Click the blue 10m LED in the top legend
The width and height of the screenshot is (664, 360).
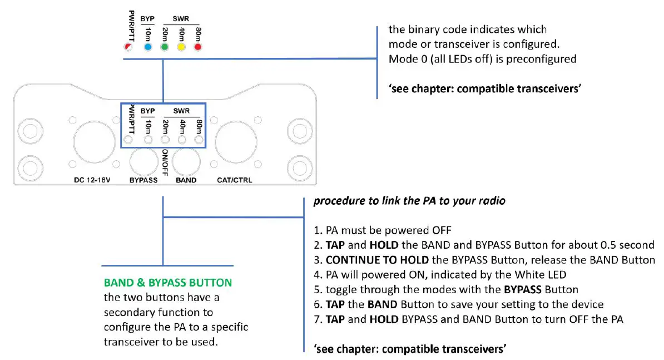click(x=148, y=47)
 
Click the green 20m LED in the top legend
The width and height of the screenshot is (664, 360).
click(x=165, y=47)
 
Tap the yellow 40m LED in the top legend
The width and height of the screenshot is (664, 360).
click(x=181, y=47)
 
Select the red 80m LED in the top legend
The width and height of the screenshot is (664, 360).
click(x=197, y=47)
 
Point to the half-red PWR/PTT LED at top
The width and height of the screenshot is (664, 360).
click(x=128, y=48)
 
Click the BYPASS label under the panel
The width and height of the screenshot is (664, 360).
click(x=143, y=180)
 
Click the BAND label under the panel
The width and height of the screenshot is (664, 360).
click(x=186, y=180)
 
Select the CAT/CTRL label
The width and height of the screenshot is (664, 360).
click(x=234, y=180)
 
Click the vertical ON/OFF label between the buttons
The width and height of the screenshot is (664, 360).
click(x=165, y=161)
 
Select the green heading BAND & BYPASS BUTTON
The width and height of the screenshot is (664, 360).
click(x=168, y=283)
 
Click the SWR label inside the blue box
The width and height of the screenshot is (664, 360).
click(x=181, y=111)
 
